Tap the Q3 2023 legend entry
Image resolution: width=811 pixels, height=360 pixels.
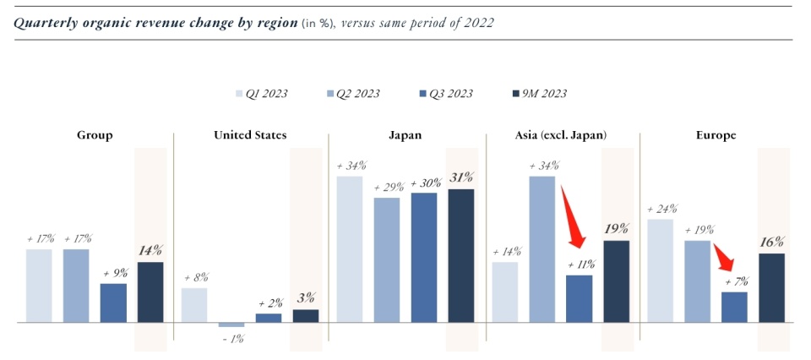(x=448, y=94)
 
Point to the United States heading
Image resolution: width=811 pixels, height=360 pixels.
(x=250, y=135)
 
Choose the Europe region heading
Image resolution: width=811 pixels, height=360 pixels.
(x=715, y=135)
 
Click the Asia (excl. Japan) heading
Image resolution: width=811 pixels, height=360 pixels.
(x=561, y=135)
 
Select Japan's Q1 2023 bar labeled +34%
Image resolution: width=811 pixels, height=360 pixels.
(x=350, y=249)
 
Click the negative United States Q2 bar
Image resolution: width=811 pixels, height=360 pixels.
(x=231, y=325)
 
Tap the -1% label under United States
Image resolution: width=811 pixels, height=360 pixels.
(x=231, y=339)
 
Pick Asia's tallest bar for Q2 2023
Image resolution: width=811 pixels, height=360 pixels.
(x=542, y=249)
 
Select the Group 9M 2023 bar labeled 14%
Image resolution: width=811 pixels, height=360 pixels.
(x=150, y=292)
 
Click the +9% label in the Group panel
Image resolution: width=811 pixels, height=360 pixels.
(x=113, y=273)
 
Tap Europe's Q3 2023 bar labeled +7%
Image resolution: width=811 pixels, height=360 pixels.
(x=734, y=307)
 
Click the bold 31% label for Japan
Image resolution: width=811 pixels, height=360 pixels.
(x=461, y=177)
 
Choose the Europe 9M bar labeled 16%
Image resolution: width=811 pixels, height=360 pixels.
(x=771, y=287)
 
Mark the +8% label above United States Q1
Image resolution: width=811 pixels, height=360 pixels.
(x=194, y=277)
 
